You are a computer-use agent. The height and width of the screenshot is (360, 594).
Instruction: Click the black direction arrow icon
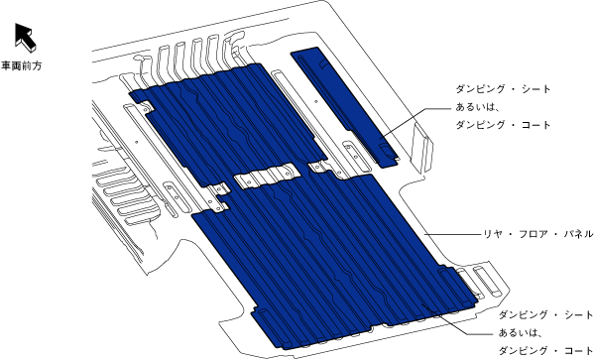[25, 37]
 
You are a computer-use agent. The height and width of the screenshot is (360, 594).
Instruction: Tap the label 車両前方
[21, 65]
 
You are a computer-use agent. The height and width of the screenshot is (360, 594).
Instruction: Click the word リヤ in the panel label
[493, 234]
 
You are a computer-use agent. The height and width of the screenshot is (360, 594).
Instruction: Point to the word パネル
[578, 234]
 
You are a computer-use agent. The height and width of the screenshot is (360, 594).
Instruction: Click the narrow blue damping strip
[345, 107]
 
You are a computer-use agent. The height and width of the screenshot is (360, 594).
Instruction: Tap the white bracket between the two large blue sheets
[268, 176]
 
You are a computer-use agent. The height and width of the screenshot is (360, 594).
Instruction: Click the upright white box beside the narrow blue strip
[422, 147]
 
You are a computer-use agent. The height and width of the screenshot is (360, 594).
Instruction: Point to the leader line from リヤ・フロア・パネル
[452, 235]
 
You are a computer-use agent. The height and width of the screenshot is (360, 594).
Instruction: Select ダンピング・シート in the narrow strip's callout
[503, 89]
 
